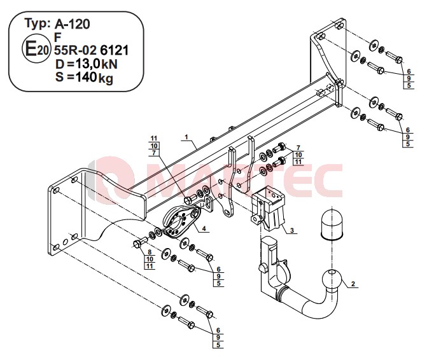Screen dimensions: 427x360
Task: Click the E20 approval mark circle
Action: [36, 49]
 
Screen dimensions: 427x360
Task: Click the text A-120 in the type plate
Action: [72, 24]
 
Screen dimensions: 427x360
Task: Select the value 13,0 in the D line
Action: [87, 64]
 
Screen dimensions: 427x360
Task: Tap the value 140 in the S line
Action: [85, 77]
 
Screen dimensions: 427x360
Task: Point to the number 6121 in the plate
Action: [114, 50]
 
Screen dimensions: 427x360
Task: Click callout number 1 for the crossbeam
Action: [186, 137]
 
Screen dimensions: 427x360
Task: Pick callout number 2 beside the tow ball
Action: [353, 284]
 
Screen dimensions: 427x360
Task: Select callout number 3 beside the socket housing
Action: [292, 230]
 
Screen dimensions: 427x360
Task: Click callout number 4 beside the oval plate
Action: [204, 229]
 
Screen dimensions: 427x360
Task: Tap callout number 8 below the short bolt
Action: [150, 253]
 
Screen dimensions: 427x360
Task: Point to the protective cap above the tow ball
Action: [332, 225]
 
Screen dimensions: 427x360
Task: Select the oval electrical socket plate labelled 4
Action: [182, 221]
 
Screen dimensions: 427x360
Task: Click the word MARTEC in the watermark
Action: [220, 181]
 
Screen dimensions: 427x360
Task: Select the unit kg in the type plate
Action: [106, 78]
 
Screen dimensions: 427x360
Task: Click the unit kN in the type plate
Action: [109, 64]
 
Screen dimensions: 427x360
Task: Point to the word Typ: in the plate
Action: [38, 24]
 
